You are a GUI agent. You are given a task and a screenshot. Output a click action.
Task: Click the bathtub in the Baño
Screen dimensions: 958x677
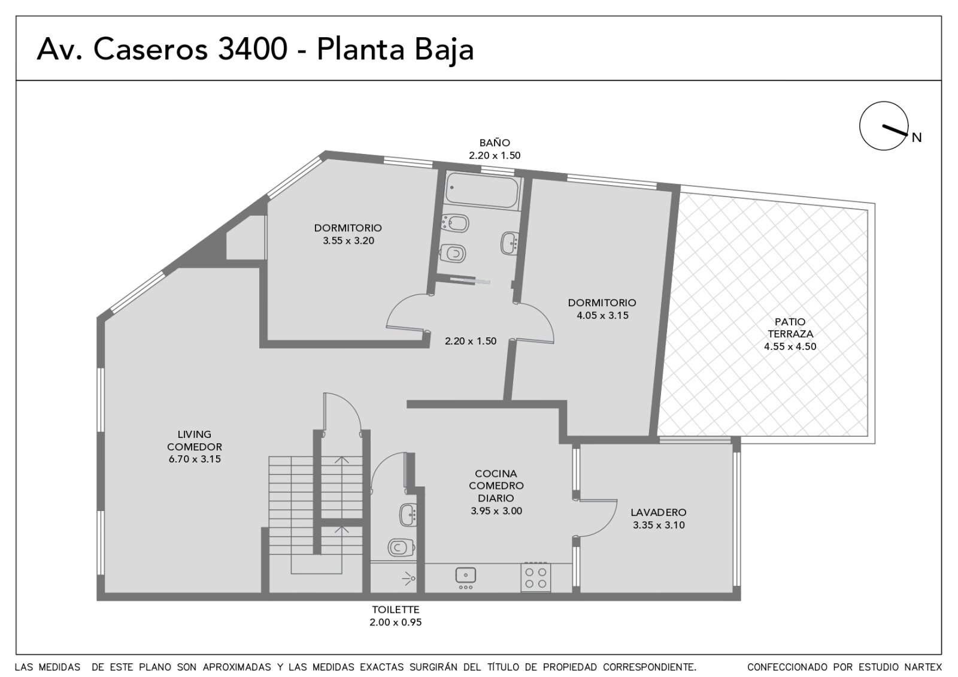click(482, 191)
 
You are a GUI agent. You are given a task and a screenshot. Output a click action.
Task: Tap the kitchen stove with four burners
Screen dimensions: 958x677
click(536, 578)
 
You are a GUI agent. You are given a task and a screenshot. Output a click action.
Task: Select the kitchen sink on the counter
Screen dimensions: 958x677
click(466, 575)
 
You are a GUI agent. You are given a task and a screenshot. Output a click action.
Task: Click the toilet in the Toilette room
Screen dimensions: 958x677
click(401, 547)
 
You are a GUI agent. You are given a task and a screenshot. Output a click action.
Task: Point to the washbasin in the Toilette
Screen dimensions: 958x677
click(408, 515)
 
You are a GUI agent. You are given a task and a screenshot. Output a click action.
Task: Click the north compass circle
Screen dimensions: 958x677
click(884, 126)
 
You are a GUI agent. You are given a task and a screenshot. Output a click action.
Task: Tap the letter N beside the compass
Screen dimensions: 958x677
click(917, 138)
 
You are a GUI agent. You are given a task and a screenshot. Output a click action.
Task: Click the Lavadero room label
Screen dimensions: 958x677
click(659, 512)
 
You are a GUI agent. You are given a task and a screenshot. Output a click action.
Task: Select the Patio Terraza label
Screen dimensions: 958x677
click(790, 328)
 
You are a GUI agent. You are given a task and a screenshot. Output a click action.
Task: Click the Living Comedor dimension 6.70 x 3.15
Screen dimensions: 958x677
click(195, 459)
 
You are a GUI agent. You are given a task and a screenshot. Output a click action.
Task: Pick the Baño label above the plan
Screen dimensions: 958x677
click(495, 143)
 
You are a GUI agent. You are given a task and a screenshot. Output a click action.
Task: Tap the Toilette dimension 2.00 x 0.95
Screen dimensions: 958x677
click(396, 622)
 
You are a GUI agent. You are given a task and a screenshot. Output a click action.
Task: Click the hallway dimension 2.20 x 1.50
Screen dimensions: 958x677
click(471, 341)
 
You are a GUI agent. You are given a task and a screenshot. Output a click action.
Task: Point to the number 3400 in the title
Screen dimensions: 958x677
click(252, 49)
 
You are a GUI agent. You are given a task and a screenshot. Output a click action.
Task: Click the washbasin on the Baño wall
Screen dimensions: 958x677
click(510, 243)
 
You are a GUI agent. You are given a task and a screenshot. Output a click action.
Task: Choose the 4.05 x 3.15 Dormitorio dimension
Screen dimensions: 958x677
click(602, 315)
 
